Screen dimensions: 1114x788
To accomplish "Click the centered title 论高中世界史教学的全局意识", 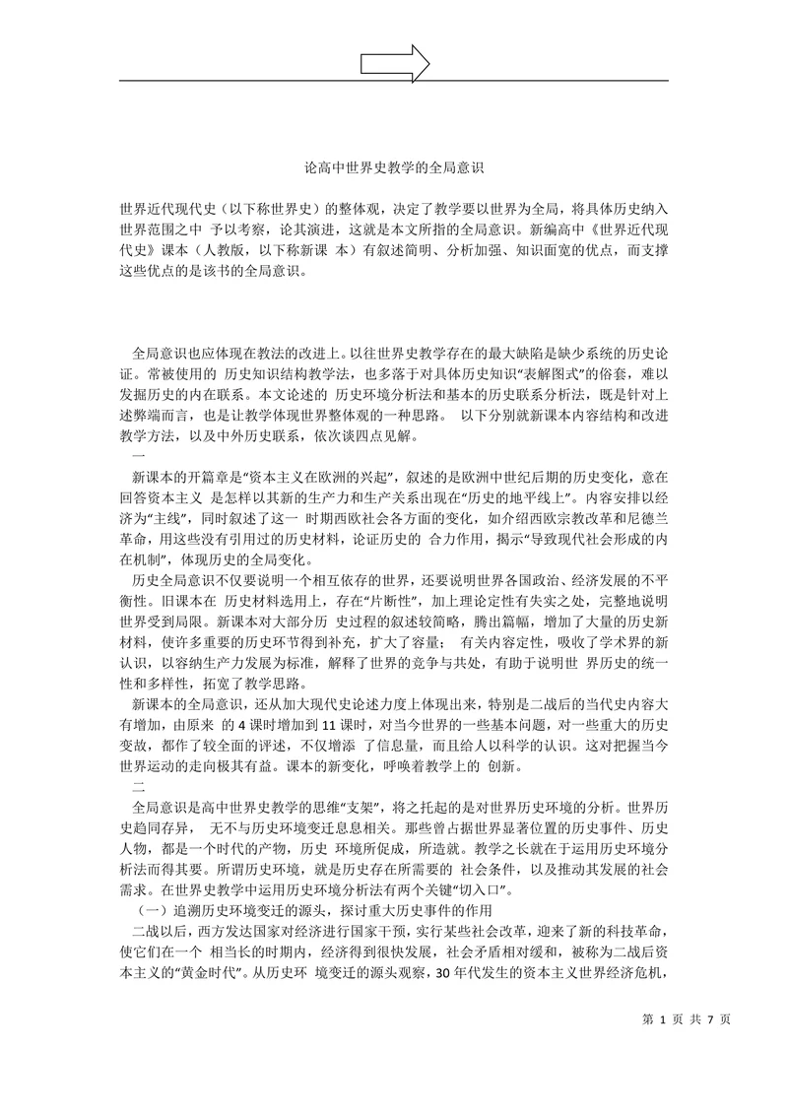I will (x=394, y=168).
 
